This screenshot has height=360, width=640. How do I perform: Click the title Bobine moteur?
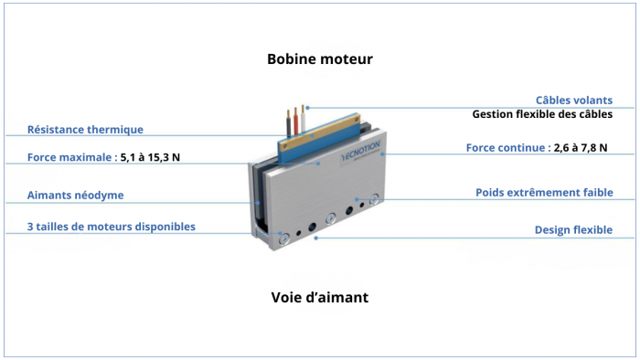click(x=320, y=59)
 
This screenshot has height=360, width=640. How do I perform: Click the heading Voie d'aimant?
click(x=320, y=298)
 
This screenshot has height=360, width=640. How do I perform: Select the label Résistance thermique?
click(x=85, y=130)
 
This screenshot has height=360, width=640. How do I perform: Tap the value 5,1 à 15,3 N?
click(x=151, y=157)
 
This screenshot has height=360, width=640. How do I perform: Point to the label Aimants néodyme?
click(x=75, y=195)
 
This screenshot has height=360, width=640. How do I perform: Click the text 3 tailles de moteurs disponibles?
click(x=111, y=227)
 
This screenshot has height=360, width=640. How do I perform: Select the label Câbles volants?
click(x=573, y=100)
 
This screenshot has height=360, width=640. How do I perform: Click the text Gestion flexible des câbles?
click(x=542, y=115)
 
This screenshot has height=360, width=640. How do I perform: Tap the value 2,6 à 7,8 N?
click(x=581, y=147)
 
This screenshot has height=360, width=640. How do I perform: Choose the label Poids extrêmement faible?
click(x=544, y=193)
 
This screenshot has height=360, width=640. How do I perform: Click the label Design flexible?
click(x=573, y=230)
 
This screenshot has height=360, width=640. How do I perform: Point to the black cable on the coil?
click(x=286, y=122)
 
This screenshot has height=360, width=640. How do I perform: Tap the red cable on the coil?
click(x=294, y=119)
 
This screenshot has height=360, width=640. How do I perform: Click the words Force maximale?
click(x=71, y=157)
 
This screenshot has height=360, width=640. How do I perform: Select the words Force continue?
click(x=507, y=147)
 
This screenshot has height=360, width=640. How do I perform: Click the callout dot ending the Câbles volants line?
click(x=307, y=108)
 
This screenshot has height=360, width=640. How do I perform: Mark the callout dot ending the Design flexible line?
click(x=315, y=238)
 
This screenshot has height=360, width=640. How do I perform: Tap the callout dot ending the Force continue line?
click(x=385, y=154)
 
